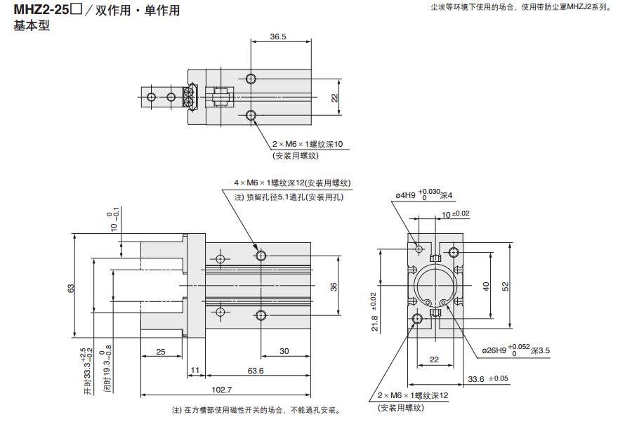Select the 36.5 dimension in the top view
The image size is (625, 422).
tap(278, 37)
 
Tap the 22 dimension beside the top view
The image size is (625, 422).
tap(335, 98)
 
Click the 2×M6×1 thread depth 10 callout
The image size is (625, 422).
tap(308, 145)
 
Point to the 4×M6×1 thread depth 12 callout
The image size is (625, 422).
tap(292, 183)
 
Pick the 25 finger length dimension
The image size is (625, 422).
tap(161, 352)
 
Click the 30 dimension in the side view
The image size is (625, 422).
tap(284, 352)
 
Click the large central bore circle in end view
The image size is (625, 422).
tap(435, 286)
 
